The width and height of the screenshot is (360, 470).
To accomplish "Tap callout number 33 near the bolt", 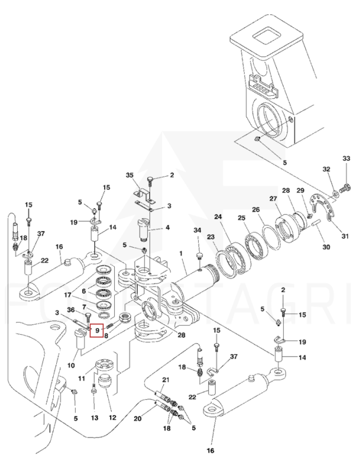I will point(347,158).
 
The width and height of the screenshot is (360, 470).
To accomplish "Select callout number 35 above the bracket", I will point(131,175).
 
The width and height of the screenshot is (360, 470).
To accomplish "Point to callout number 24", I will point(218,217).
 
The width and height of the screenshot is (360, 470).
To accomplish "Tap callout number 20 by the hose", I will point(138,419).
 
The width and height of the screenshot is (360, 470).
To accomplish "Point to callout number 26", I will point(255,209).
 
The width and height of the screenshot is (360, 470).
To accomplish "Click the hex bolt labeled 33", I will point(346,190).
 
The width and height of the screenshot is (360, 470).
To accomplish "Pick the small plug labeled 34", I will point(200,255).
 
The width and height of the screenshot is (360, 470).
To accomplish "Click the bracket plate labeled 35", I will point(142,195).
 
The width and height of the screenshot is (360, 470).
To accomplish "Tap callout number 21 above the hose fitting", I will point(166,380).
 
